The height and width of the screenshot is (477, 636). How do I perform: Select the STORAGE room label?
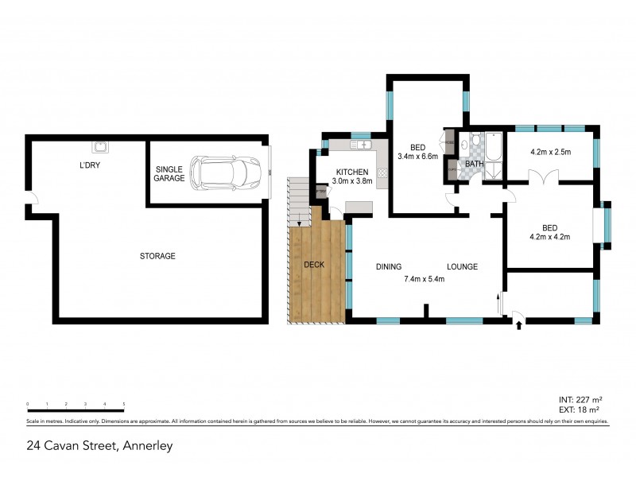click(x=157, y=256)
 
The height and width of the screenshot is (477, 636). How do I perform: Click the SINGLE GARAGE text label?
click(x=170, y=174)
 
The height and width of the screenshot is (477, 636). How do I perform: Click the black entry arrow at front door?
click(x=518, y=324)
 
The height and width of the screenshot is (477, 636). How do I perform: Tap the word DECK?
click(x=313, y=265)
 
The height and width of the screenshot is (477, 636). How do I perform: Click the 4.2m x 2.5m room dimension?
click(x=551, y=152)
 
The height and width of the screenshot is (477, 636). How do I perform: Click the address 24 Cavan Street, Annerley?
click(x=99, y=446)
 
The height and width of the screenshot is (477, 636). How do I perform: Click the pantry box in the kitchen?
click(x=321, y=193)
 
